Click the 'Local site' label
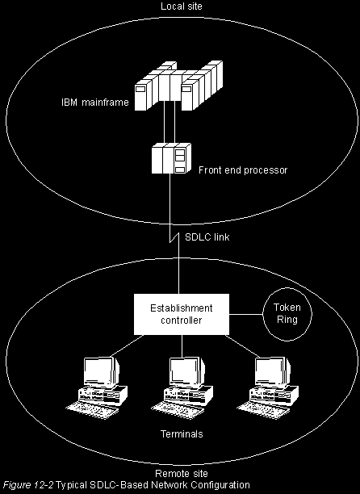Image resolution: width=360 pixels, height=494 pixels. coord(182,6)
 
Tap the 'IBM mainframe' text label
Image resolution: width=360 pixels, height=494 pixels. coord(95,103)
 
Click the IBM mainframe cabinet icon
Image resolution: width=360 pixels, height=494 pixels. coord(178,86)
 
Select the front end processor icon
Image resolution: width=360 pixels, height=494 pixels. coord(171,158)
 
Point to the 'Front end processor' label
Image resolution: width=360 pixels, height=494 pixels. coord(243,170)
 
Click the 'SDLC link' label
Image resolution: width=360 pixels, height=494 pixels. coord(207,237)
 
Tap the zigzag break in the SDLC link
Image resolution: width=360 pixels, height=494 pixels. coord(174,238)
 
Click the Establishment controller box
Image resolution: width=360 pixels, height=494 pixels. coord(182,314)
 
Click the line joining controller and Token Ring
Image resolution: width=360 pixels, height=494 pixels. coord(245,314)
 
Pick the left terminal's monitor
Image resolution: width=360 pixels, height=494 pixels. coord(102,372)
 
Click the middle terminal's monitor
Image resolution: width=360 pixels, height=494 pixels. coord(187,372)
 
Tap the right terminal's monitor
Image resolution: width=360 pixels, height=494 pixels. coord(273,372)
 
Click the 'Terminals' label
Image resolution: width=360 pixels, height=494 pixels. coord(182,434)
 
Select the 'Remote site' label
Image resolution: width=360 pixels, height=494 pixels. coord(182,474)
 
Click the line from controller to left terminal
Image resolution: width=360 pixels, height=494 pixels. coord(128,346)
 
